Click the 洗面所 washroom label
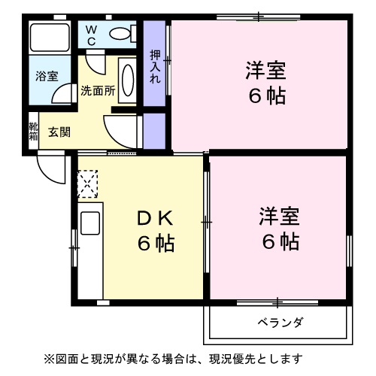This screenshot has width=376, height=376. tap(98, 90)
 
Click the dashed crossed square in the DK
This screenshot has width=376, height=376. tap(89, 183)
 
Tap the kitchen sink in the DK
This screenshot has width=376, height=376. tap(90, 225)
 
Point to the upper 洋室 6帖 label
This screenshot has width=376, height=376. tap(266, 84)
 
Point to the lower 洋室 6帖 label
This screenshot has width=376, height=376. tap(280, 229)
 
